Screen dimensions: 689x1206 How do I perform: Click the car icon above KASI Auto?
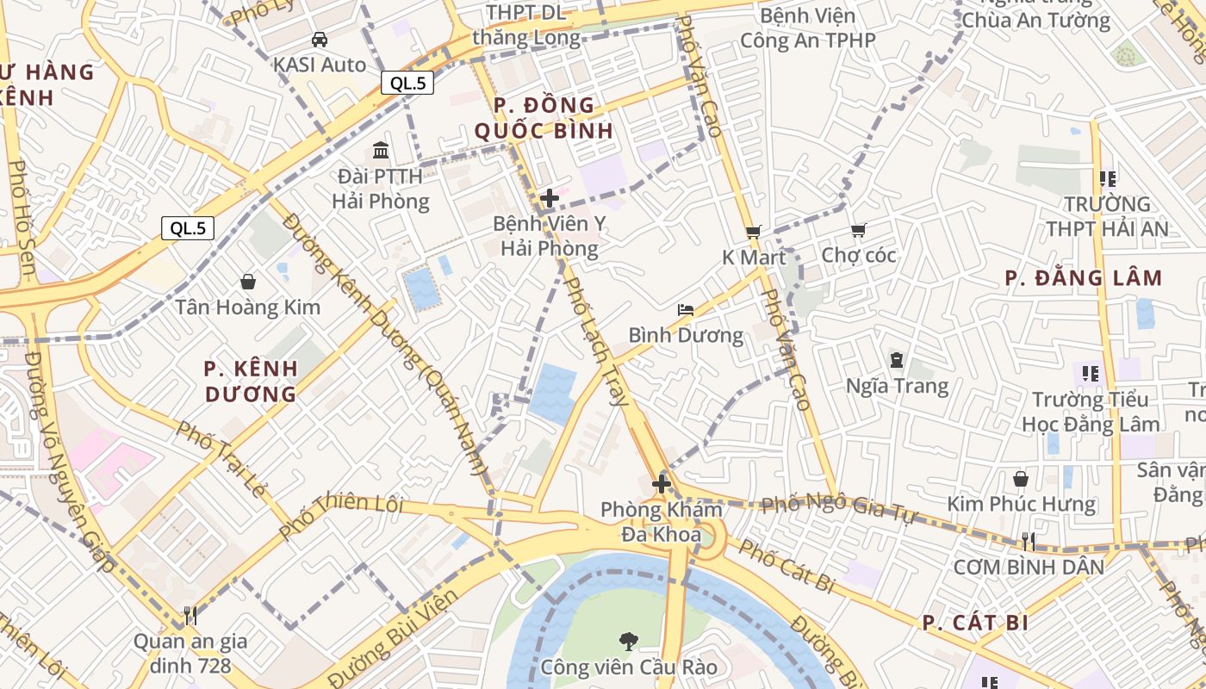coord(320,40)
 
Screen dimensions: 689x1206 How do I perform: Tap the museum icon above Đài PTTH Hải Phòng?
coord(381,151)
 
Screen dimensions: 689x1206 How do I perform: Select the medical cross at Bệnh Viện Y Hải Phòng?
coord(549,199)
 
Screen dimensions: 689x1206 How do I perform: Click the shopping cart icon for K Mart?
coord(754,232)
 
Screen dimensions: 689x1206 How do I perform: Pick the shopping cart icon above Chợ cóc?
coord(858,230)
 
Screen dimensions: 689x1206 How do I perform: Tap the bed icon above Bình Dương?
coord(686,310)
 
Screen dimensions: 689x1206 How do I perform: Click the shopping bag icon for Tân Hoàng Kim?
coord(248,282)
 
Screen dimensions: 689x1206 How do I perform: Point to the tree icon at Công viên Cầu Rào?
coord(629,641)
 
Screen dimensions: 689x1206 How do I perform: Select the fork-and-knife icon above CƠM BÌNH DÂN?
coord(1028,541)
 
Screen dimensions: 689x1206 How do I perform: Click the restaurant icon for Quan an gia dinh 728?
coord(190,615)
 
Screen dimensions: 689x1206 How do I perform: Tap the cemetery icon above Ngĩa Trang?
coord(897,360)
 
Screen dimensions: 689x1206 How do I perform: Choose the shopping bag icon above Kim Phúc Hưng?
coord(1021,478)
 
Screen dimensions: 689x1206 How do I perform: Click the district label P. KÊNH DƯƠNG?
coord(251,382)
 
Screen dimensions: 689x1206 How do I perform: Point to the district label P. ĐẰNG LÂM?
coord(1084,278)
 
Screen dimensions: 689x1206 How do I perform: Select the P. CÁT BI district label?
coord(975,623)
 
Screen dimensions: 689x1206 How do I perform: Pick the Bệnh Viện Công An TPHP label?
coord(808,28)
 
